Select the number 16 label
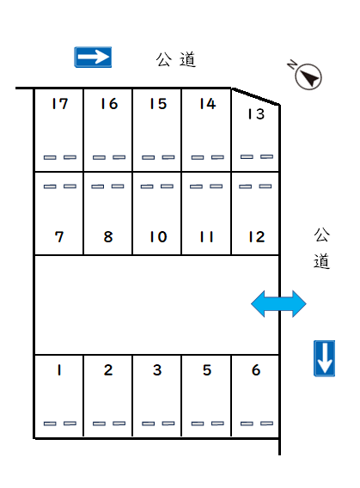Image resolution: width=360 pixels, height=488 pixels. pyautogui.click(x=109, y=104)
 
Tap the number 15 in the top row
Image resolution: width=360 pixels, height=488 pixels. pyautogui.click(x=158, y=104)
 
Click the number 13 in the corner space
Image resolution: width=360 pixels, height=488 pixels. pyautogui.click(x=256, y=114)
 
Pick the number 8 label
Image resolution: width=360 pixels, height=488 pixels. pyautogui.click(x=108, y=237)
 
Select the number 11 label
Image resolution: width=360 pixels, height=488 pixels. pyautogui.click(x=206, y=237)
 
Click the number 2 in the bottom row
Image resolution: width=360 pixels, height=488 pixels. pyautogui.click(x=108, y=370)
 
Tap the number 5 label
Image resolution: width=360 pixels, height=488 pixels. pyautogui.click(x=207, y=370)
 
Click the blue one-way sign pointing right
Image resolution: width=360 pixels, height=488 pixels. pyautogui.click(x=93, y=58)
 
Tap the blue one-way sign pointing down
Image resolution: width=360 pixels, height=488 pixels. pyautogui.click(x=324, y=358)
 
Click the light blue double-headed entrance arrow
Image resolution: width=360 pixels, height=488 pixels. pyautogui.click(x=278, y=304)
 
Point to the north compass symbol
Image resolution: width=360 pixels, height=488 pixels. pyautogui.click(x=305, y=75)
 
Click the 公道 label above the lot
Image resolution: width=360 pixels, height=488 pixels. pyautogui.click(x=176, y=59)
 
